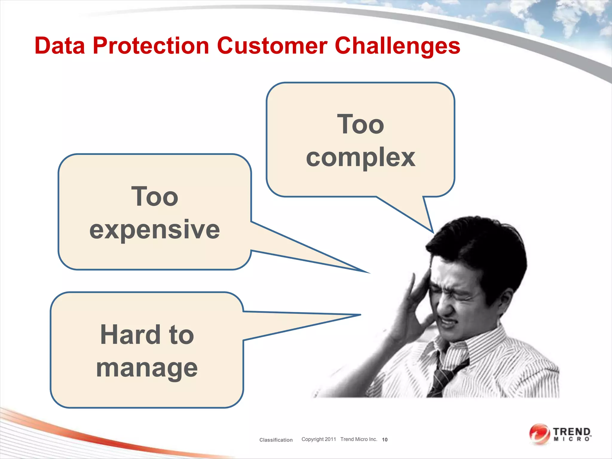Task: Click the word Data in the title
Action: point(60,46)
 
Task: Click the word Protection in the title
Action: point(151,46)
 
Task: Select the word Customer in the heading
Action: point(272,46)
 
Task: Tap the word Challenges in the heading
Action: point(397,46)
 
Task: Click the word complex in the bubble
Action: point(360,158)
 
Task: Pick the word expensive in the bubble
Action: point(154,229)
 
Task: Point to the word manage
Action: point(147,368)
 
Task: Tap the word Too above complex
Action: point(360,124)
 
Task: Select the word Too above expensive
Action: point(154,196)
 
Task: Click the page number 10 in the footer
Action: point(385,440)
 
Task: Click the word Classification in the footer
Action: point(276,440)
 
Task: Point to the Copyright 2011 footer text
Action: point(319,439)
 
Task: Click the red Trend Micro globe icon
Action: point(539,434)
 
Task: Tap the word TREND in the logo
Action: point(572,432)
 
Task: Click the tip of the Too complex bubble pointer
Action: point(433,232)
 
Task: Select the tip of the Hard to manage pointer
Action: point(360,315)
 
